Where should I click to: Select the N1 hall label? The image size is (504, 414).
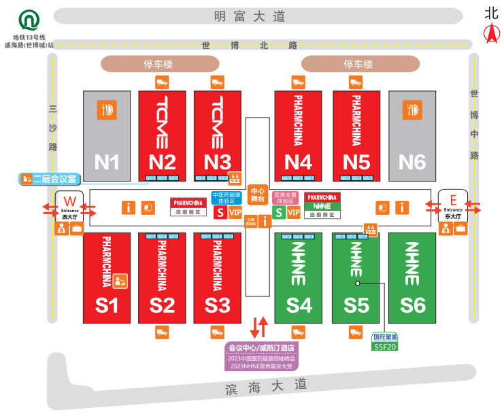107,162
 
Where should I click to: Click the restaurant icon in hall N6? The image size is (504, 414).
411,109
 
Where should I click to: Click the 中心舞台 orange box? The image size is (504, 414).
257,195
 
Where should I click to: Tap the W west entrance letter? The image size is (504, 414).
69,201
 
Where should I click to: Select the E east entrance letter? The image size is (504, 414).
453,200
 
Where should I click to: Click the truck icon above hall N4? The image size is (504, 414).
298,82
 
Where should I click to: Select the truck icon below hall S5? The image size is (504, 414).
356,332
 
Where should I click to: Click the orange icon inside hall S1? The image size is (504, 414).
120,280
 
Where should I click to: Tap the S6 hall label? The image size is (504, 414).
412,305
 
